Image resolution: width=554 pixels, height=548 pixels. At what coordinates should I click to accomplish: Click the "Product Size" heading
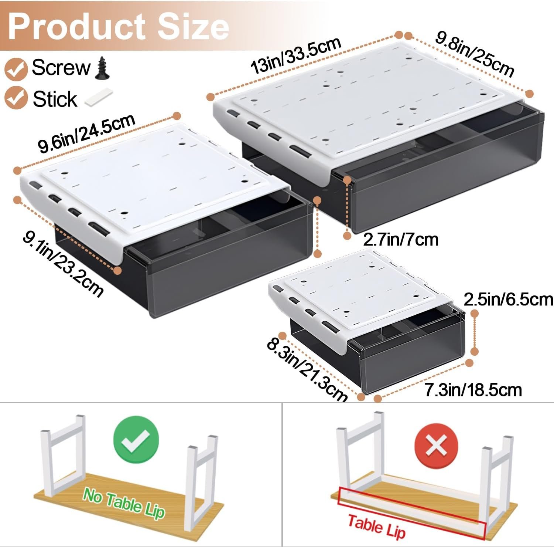tap(118, 27)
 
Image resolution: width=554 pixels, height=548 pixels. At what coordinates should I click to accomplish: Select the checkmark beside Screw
tap(16, 68)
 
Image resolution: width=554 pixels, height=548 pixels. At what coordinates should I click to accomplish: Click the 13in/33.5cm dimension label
tap(296, 55)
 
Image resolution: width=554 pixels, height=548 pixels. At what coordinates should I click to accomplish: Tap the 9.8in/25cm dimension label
tap(475, 54)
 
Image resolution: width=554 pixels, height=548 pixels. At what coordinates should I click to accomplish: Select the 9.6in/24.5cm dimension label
tap(87, 133)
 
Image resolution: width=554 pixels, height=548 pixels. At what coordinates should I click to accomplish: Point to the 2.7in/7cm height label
tap(401, 240)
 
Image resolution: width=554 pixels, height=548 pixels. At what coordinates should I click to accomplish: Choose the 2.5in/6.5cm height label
tap(508, 299)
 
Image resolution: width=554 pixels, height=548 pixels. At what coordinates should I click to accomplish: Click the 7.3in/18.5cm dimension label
tap(473, 390)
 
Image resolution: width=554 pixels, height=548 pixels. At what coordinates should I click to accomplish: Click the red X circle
tap(436, 445)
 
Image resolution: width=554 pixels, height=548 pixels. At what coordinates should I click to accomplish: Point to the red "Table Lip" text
tap(376, 527)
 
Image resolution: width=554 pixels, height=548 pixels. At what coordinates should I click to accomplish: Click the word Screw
tap(61, 67)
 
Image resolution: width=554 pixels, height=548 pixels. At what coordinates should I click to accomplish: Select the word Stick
tap(55, 99)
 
